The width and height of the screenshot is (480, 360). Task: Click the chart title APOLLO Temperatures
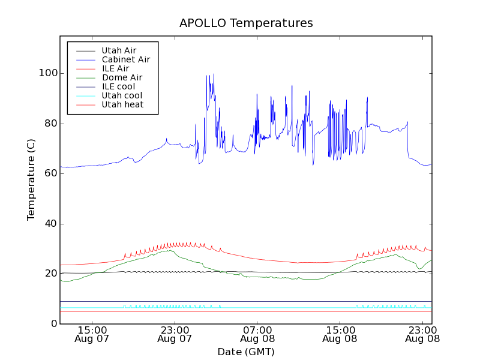tap(246, 23)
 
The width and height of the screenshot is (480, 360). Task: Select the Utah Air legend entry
tap(119, 50)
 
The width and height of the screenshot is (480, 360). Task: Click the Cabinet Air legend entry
tap(125, 59)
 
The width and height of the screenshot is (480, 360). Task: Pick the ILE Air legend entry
tap(115, 68)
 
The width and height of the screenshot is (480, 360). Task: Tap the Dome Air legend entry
tap(122, 77)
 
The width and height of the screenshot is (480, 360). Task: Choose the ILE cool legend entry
tap(118, 86)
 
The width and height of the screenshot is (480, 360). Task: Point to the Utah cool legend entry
tap(122, 95)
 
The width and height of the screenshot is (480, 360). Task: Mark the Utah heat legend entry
tap(122, 104)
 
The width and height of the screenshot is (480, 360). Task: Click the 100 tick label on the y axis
tap(47, 73)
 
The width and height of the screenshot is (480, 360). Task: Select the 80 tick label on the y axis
tap(50, 124)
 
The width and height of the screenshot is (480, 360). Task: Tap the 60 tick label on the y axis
tap(50, 173)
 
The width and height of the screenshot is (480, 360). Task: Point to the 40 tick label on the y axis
tap(50, 224)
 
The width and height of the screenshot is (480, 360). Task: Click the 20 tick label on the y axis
tap(50, 274)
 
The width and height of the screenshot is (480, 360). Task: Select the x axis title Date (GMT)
tap(246, 352)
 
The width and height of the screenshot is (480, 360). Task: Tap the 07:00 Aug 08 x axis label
tap(257, 334)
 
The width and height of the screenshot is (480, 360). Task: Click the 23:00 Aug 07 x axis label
tap(175, 334)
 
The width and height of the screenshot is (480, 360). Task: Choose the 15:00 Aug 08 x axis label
tap(340, 334)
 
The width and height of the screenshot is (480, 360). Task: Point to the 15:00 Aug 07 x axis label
tap(92, 334)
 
